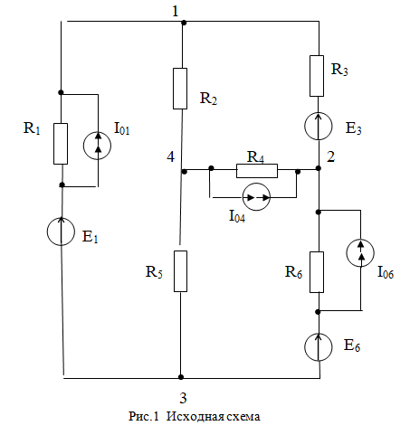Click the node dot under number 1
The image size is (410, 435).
click(183, 23)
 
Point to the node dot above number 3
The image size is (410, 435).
click(181, 377)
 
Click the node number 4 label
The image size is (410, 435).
click(170, 156)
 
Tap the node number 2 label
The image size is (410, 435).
click(331, 156)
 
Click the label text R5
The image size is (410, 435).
click(154, 272)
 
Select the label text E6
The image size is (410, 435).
click(352, 345)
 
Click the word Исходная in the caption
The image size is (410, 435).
click(195, 416)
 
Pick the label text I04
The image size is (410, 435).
click(237, 216)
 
